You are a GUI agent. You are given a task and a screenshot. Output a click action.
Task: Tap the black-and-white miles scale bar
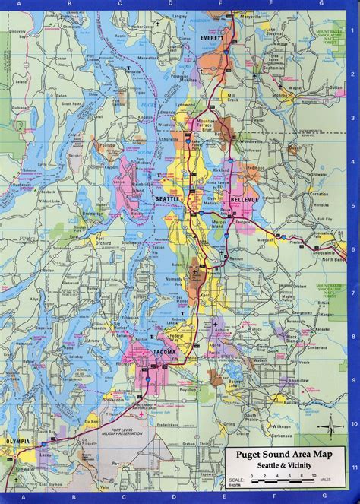point(281,480)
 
